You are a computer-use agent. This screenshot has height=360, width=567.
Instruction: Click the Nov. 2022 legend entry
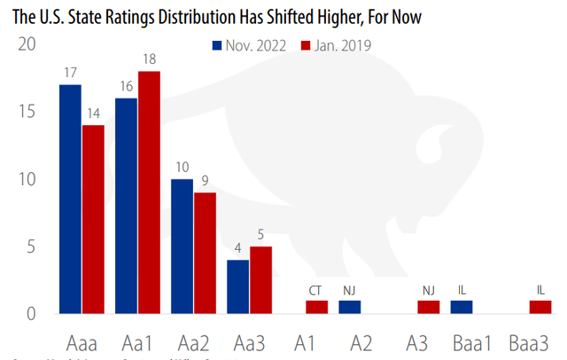tap(251, 44)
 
